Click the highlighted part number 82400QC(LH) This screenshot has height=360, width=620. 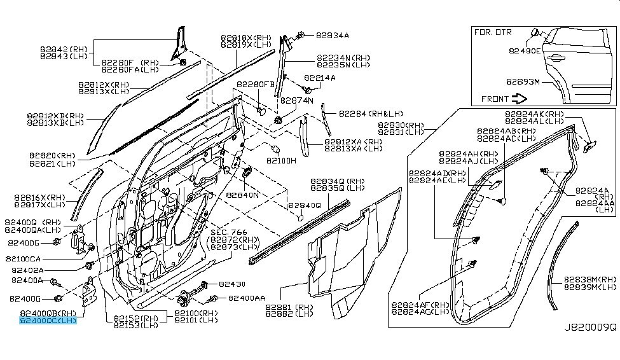click(x=48, y=321)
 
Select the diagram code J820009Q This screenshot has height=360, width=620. click(x=590, y=328)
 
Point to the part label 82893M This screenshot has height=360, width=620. click(x=523, y=81)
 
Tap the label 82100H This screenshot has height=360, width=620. click(x=281, y=161)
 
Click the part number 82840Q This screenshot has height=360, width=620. click(x=305, y=205)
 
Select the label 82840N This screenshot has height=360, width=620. click(x=243, y=195)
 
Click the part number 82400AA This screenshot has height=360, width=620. click(x=247, y=298)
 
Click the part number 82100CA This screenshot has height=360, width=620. click(x=25, y=259)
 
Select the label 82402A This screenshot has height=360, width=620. click(x=27, y=270)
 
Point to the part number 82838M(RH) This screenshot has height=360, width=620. click(x=589, y=279)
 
